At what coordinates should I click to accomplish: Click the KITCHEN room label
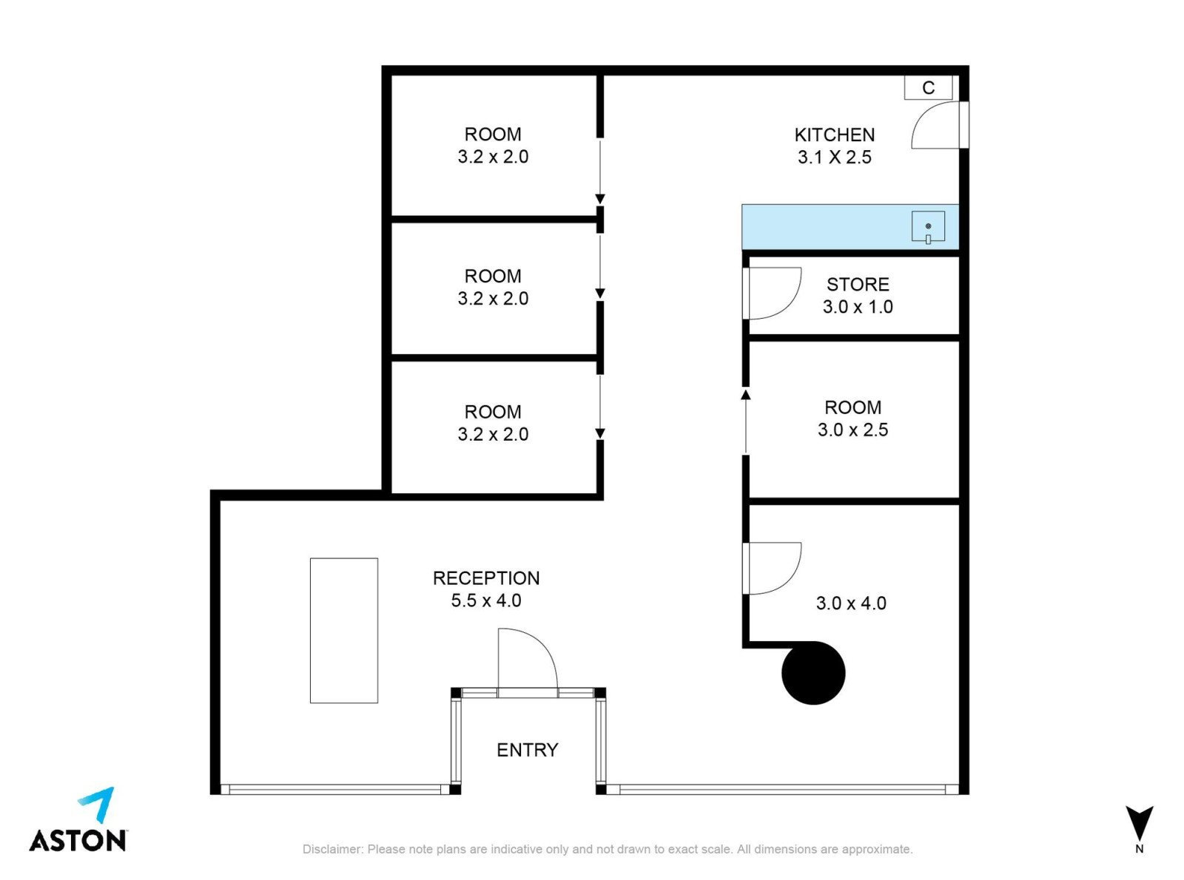tap(834, 135)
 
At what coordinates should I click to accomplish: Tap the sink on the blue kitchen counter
tap(928, 227)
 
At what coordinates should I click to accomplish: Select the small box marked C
tap(928, 87)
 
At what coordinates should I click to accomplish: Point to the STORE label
tap(858, 285)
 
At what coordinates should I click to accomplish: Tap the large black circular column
tap(813, 673)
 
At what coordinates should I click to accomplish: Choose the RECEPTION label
tap(485, 578)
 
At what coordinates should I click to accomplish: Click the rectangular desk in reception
tap(344, 630)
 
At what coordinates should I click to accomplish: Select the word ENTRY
tap(527, 750)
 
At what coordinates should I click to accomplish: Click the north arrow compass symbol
tap(1139, 822)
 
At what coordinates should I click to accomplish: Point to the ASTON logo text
tap(78, 841)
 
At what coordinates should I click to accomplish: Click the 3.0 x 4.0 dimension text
tap(851, 603)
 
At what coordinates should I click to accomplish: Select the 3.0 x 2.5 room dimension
tap(852, 430)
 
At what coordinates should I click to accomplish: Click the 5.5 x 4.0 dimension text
tap(485, 600)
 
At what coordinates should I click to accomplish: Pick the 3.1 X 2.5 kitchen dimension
tap(834, 158)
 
